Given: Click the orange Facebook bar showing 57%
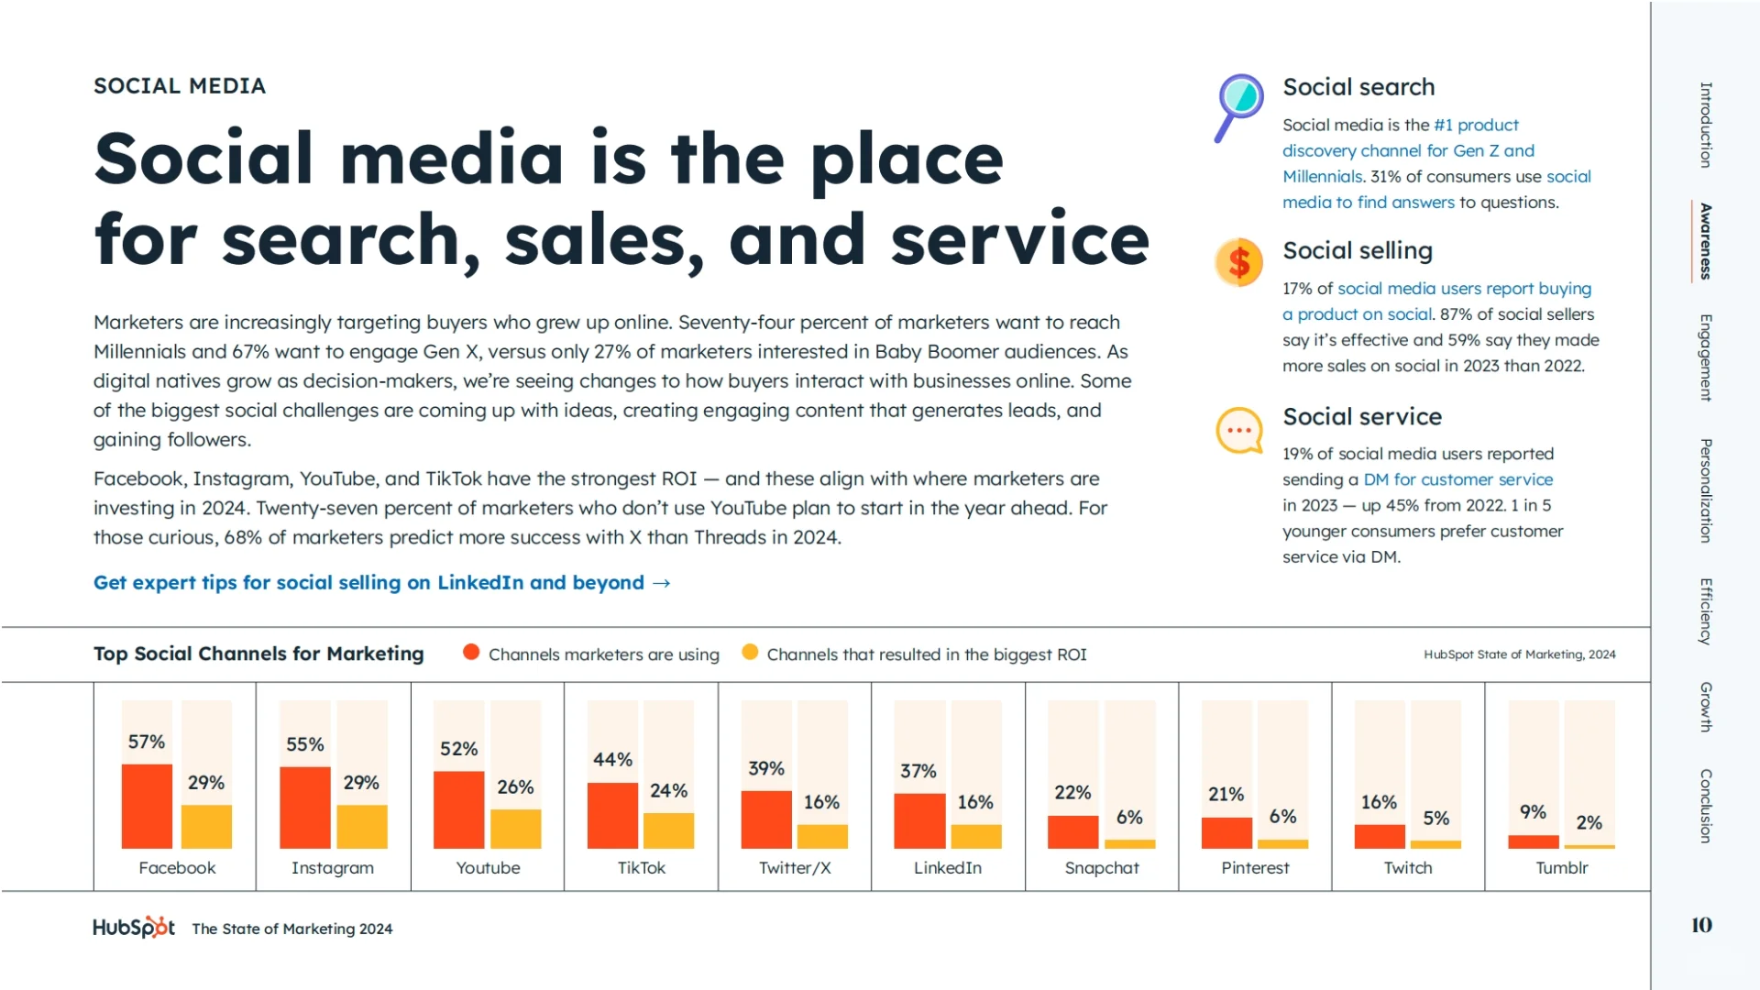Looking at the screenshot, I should coord(147,806).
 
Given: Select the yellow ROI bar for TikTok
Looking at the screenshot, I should coord(668,830).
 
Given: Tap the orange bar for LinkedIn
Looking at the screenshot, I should coord(918,820).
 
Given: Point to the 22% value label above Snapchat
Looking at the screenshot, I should coord(1072,792).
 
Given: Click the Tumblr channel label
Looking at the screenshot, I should coord(1561,868).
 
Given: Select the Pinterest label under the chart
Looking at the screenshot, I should coord(1254,868).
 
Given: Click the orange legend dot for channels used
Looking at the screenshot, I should coord(471,653).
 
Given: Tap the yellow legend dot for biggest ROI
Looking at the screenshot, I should coord(750,653).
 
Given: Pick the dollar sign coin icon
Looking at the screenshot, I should coord(1238,263).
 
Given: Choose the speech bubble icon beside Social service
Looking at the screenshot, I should coord(1238,430).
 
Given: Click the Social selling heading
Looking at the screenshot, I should coord(1357,250).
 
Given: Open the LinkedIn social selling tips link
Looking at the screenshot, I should coord(382,583).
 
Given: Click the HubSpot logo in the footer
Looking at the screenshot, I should coord(134,928).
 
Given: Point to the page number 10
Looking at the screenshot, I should coord(1701,925).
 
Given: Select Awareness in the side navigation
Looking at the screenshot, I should coord(1705,241).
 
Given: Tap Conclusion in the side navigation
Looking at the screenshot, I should coord(1705,806).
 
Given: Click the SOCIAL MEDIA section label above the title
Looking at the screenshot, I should coord(180,86).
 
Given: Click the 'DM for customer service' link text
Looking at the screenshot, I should coord(1457,479).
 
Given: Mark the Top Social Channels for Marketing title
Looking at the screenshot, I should coord(258,654).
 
